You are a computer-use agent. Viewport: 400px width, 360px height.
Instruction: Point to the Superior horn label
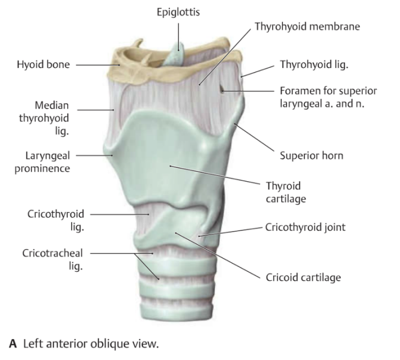312,155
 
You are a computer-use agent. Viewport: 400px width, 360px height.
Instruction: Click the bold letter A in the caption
13,344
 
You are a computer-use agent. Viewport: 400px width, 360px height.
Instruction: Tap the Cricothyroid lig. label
56,220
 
